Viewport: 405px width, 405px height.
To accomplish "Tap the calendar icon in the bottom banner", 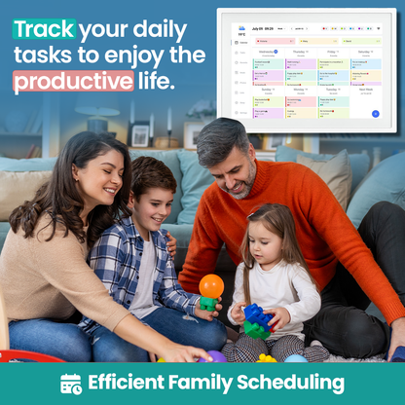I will coord(71,383).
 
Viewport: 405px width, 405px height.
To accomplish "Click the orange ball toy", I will coord(211,286).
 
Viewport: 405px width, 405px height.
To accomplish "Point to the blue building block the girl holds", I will coord(258,315).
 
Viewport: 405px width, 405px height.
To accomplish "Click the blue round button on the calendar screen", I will coord(375,114).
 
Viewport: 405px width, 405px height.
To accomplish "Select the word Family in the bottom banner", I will coord(206,383).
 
